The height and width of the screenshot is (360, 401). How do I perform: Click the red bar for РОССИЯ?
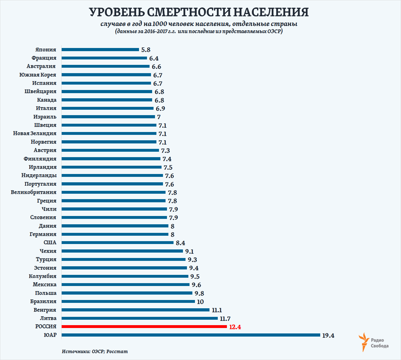pyautogui.click(x=144, y=327)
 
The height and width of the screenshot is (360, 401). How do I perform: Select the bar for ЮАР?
pyautogui.click(x=191, y=335)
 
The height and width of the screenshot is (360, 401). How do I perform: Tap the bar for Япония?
pyautogui.click(x=100, y=49)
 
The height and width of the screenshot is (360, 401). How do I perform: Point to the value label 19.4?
pyautogui.click(x=328, y=335)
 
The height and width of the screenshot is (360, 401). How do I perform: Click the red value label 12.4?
pyautogui.click(x=235, y=327)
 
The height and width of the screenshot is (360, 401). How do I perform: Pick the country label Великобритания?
pyautogui.click(x=34, y=192)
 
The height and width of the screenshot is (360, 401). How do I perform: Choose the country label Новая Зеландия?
pyautogui.click(x=35, y=133)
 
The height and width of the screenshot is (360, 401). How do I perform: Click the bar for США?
pyautogui.click(x=117, y=243)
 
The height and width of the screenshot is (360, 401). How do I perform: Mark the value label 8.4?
pyautogui.click(x=180, y=243)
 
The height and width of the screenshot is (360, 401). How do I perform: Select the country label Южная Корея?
pyautogui.click(x=38, y=75)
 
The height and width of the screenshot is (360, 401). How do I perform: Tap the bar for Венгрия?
pyautogui.click(x=135, y=310)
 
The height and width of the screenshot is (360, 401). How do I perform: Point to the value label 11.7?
pyautogui.click(x=225, y=319)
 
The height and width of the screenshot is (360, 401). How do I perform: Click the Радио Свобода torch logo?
pyautogui.click(x=364, y=342)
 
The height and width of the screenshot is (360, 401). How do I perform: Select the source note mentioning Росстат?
pyautogui.click(x=95, y=351)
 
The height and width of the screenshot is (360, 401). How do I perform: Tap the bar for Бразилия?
pyautogui.click(x=128, y=301)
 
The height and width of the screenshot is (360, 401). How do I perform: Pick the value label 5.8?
pyautogui.click(x=146, y=50)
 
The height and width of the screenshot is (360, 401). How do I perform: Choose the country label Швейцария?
pyautogui.click(x=41, y=91)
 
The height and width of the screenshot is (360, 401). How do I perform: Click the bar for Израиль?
pyautogui.click(x=108, y=117)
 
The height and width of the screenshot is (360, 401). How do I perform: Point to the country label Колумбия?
pyautogui.click(x=43, y=276)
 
